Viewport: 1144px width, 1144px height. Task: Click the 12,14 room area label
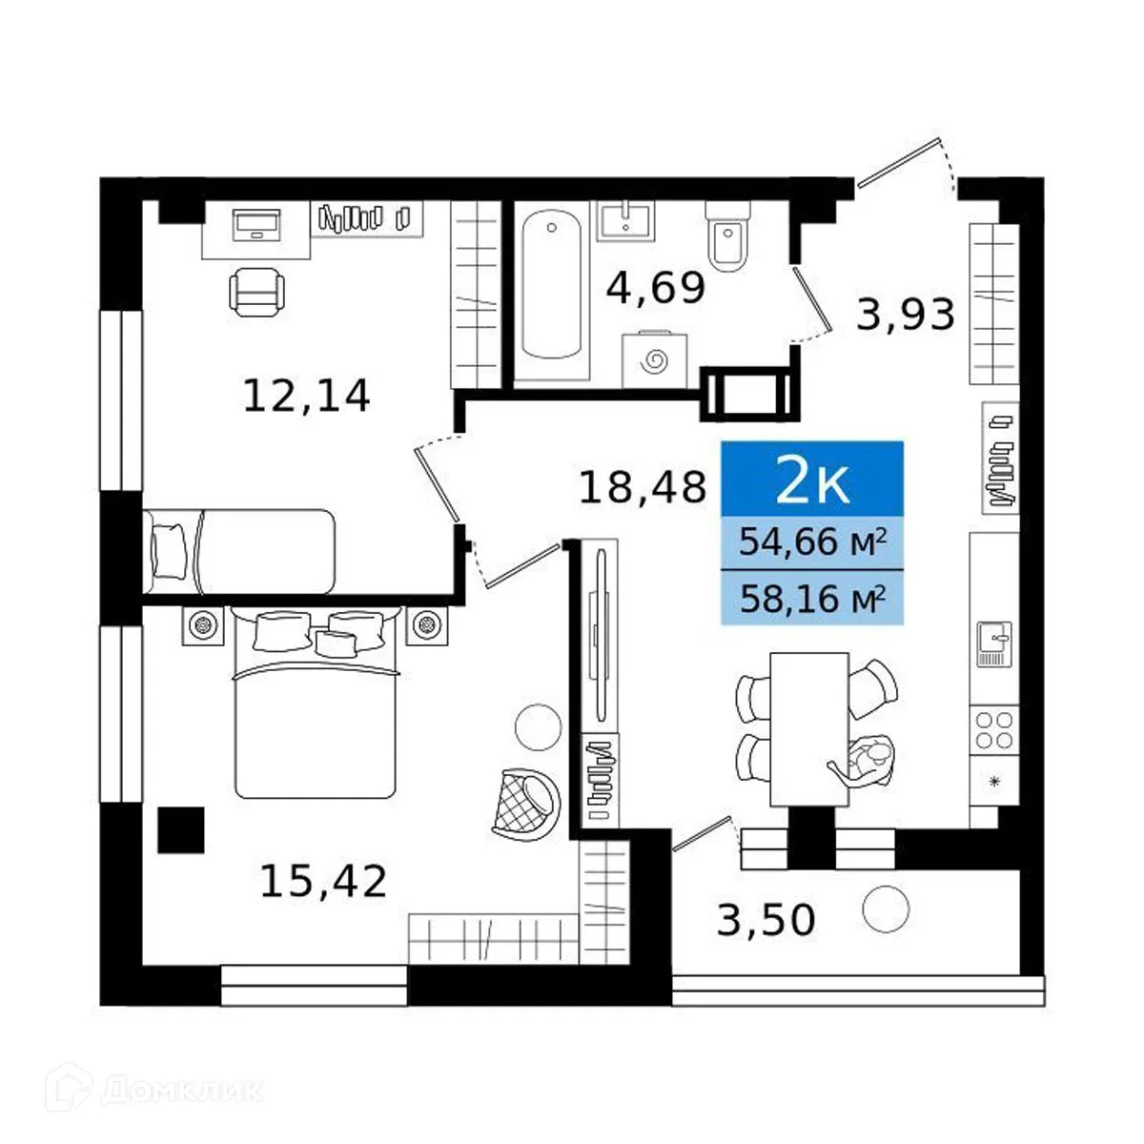[306, 396]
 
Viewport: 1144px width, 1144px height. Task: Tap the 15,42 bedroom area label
[323, 882]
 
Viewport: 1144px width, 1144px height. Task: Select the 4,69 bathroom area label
[656, 288]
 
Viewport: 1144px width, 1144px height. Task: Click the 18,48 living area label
[643, 488]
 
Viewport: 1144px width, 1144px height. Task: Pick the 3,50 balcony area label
[766, 921]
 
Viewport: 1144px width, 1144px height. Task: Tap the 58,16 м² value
[812, 599]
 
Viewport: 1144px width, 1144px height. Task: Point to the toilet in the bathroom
[729, 235]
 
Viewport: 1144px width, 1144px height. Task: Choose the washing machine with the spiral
[654, 359]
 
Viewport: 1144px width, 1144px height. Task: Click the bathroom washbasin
[625, 220]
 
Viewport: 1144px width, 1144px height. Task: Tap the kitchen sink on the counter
[992, 643]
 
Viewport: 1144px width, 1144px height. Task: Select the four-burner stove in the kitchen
[993, 730]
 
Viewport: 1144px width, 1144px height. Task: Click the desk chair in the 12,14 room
[256, 291]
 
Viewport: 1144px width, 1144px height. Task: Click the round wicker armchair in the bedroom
[525, 798]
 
